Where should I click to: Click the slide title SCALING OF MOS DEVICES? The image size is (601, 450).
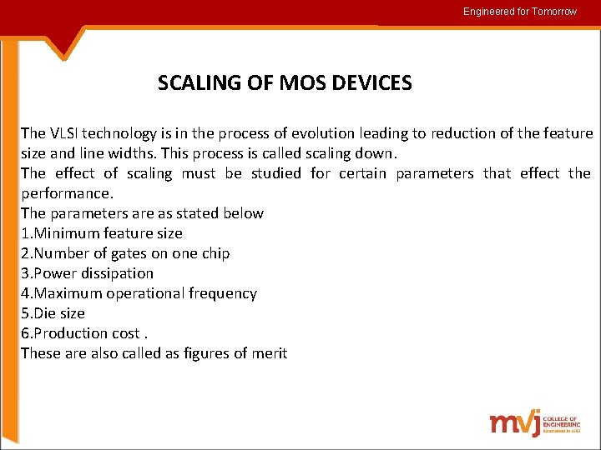click(x=285, y=83)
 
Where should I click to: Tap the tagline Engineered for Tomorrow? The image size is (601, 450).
click(x=520, y=12)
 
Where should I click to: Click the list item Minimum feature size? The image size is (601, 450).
click(x=102, y=233)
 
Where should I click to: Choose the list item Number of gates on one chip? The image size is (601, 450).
click(x=125, y=253)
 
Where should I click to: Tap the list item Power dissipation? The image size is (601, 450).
click(x=88, y=273)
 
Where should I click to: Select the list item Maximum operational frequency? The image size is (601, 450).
click(x=139, y=293)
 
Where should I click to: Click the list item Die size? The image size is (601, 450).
click(x=53, y=313)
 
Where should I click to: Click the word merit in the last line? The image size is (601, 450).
click(x=269, y=353)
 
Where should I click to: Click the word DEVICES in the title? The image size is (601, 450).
click(x=371, y=83)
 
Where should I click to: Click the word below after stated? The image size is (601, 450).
click(x=244, y=213)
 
